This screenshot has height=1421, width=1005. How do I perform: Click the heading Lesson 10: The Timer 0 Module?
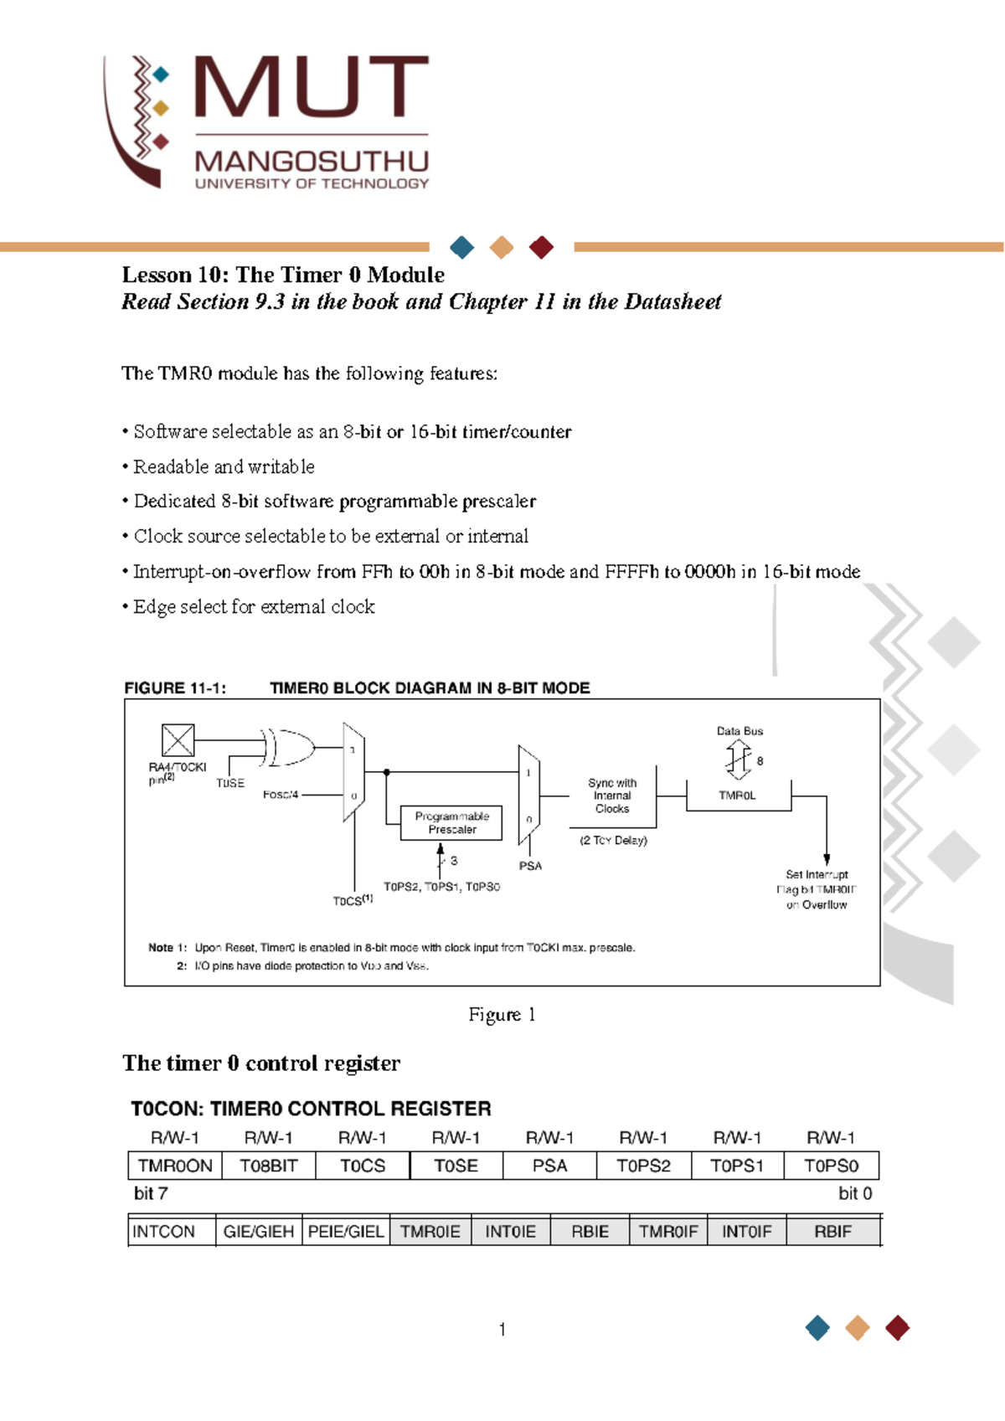[283, 275]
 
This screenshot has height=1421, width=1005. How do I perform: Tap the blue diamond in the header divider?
[462, 247]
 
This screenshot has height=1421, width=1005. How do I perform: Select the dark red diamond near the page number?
[897, 1327]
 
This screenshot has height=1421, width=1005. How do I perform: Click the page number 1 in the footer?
[502, 1329]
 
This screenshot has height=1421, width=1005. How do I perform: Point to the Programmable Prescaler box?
[451, 823]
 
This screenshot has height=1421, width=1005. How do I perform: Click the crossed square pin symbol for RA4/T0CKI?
[178, 740]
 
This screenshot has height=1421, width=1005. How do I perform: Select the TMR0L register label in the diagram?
[737, 795]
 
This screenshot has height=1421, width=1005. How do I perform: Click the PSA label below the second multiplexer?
[530, 866]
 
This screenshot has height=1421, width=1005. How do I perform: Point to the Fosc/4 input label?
[281, 795]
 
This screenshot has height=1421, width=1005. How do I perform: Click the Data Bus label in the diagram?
[740, 731]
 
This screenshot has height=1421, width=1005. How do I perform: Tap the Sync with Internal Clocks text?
[612, 795]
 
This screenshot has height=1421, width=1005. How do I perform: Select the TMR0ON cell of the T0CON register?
[175, 1166]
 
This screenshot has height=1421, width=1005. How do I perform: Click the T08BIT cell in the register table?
[269, 1166]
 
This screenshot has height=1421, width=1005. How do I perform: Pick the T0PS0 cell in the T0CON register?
[831, 1166]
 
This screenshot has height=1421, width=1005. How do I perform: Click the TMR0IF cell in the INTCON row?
[667, 1232]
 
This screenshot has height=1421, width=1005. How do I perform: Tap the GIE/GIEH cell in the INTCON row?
[258, 1232]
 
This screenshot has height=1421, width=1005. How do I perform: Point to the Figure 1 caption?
[502, 1015]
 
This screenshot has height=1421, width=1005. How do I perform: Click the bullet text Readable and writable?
[224, 466]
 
